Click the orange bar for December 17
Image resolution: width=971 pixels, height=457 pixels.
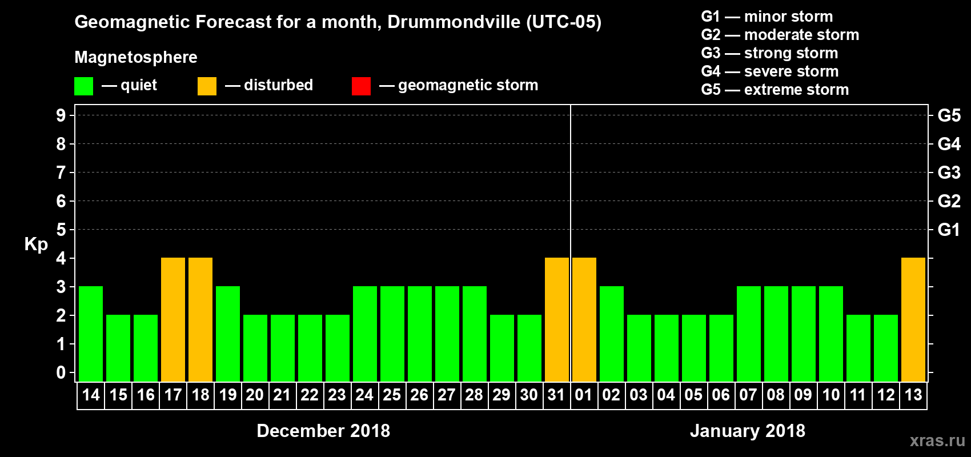click(x=173, y=319)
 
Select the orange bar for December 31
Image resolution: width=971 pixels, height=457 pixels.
click(x=557, y=319)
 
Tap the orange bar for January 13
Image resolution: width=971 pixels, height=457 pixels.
click(x=913, y=319)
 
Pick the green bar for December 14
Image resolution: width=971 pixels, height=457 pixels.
click(x=91, y=334)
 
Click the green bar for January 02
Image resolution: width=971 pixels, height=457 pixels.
click(x=612, y=334)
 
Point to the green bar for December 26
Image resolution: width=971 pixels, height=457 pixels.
click(x=420, y=334)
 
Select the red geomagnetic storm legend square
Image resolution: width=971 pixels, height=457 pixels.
click(x=361, y=86)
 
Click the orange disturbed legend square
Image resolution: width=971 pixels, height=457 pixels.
click(x=207, y=86)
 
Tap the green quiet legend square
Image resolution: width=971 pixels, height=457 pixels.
click(x=84, y=86)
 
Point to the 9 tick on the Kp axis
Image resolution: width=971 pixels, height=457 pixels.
click(x=61, y=115)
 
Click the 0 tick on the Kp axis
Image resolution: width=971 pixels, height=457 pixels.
click(x=61, y=373)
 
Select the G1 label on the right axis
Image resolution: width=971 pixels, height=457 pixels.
click(x=949, y=230)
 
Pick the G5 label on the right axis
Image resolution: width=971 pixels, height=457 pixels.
click(x=949, y=115)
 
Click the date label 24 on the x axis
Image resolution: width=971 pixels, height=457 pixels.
click(x=364, y=395)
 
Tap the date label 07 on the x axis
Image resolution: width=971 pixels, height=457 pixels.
click(x=748, y=395)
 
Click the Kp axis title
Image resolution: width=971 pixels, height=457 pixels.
click(x=36, y=244)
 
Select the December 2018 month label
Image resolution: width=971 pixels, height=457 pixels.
click(x=323, y=431)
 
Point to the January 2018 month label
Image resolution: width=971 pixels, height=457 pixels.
click(x=747, y=431)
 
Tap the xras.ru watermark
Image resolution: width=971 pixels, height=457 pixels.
click(x=937, y=440)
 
